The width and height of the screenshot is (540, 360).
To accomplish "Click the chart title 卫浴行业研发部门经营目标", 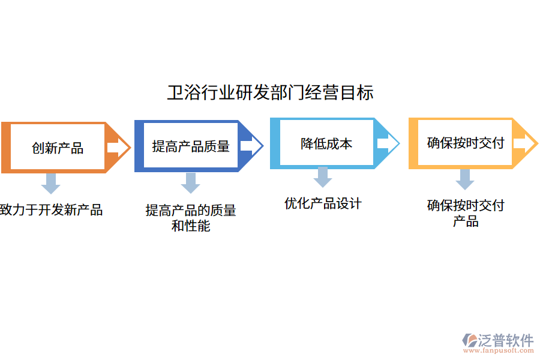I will (x=270, y=93).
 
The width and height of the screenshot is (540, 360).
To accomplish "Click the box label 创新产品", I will (x=58, y=148).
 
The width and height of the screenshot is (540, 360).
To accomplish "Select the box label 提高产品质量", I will (x=191, y=146).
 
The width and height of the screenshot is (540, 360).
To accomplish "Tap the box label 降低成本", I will (x=326, y=143).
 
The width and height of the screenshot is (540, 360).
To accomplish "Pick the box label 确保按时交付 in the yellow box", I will (x=465, y=143).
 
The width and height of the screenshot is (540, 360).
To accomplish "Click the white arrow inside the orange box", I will (x=113, y=148).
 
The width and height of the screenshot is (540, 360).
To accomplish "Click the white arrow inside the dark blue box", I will (x=247, y=146).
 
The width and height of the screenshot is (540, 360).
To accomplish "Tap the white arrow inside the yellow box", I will (x=521, y=143).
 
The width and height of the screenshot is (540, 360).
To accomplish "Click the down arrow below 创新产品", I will (x=50, y=184).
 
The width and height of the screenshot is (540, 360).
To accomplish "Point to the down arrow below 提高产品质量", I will (x=190, y=182).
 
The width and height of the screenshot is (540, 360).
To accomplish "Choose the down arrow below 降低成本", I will (x=323, y=177).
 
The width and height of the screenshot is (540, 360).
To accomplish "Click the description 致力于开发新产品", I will (x=52, y=210).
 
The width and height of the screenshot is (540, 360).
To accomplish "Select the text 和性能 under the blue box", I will (x=191, y=226).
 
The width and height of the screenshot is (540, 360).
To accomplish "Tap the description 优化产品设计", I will (x=323, y=203).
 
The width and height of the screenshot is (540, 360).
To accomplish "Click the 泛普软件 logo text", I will (x=506, y=340).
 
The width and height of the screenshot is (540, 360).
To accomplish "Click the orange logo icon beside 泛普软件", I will (x=470, y=340).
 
